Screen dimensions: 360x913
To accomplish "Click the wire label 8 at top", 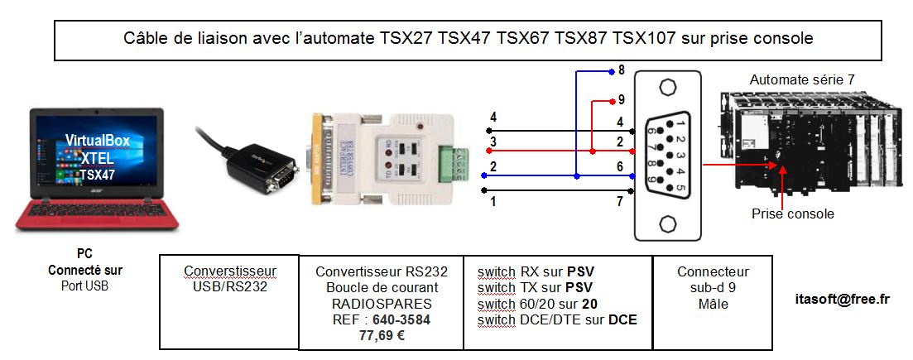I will click(622, 70).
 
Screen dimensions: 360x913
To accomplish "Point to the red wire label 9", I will click(622, 100).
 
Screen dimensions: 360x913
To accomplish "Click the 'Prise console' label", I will click(792, 214).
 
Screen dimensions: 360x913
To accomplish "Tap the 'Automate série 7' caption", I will click(801, 80).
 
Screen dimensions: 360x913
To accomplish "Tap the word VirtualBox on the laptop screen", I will click(98, 141).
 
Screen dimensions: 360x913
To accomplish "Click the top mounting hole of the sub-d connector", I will click(668, 91).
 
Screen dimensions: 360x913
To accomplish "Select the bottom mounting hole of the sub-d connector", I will click(668, 223).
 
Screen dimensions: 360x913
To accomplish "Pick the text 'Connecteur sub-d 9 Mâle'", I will click(713, 287).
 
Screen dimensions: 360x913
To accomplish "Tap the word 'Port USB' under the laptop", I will click(85, 286).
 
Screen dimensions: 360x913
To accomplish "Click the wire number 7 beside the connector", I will click(620, 201).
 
